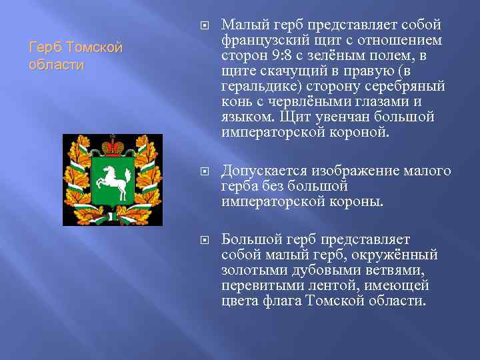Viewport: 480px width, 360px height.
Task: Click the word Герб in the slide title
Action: pyautogui.click(x=43, y=49)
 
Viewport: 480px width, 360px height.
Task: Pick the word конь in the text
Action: pyautogui.click(x=237, y=102)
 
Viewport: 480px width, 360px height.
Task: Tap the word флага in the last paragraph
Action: pyautogui.click(x=279, y=301)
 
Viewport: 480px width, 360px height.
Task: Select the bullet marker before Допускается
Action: pyautogui.click(x=204, y=172)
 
